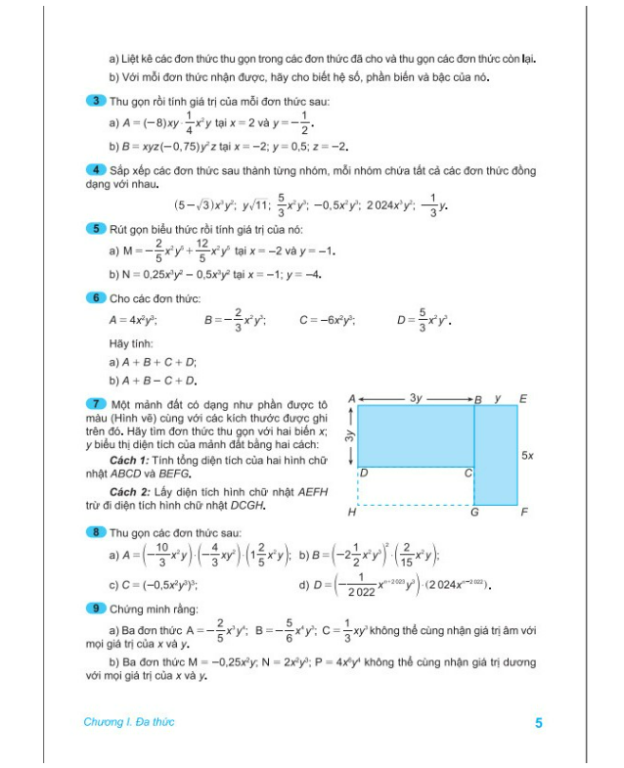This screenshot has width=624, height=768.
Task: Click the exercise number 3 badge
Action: coord(94,101)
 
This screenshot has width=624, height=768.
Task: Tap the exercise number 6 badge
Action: coord(94,297)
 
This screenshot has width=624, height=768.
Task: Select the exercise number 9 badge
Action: coord(94,608)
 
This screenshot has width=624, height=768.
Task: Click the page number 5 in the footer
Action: coord(538,723)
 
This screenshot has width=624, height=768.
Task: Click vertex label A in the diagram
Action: coord(351,398)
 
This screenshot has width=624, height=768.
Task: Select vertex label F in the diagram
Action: coord(524,511)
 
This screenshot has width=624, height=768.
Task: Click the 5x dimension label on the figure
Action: coord(528,455)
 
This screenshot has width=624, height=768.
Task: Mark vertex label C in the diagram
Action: coord(467,474)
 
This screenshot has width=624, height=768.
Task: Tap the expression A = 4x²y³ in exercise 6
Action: coord(133,320)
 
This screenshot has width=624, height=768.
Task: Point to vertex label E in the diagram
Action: coord(524,398)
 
